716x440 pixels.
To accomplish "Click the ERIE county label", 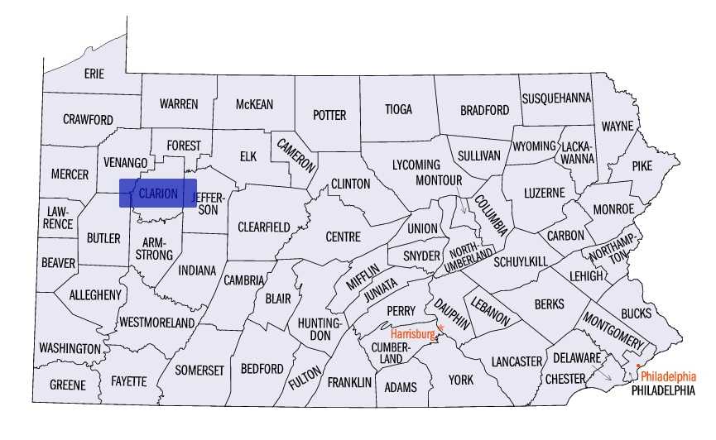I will click(x=94, y=74).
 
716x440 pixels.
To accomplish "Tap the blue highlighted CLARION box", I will click(x=158, y=194).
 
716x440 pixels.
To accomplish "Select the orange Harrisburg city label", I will click(x=412, y=334).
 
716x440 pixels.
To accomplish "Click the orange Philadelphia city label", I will click(x=669, y=375).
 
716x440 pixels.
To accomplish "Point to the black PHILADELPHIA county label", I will click(x=662, y=390).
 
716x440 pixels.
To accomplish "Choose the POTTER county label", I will click(x=329, y=115).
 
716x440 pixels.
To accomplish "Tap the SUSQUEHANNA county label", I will click(x=556, y=98).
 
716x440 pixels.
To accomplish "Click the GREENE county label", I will click(x=67, y=385).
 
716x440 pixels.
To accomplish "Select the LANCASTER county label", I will click(x=517, y=361).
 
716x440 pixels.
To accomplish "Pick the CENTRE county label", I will click(x=343, y=237).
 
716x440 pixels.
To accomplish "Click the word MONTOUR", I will click(x=437, y=179).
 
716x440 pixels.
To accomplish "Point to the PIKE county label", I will click(x=642, y=165).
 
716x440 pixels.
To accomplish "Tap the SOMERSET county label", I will click(x=199, y=370).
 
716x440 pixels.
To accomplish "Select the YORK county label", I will click(x=460, y=380).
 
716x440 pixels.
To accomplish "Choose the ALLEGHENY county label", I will click(x=95, y=294).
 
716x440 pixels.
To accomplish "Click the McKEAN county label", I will click(x=254, y=104).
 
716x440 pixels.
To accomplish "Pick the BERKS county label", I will click(x=549, y=304).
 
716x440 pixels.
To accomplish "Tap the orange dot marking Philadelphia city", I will click(x=638, y=366).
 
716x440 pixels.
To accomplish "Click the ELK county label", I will click(x=248, y=155).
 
